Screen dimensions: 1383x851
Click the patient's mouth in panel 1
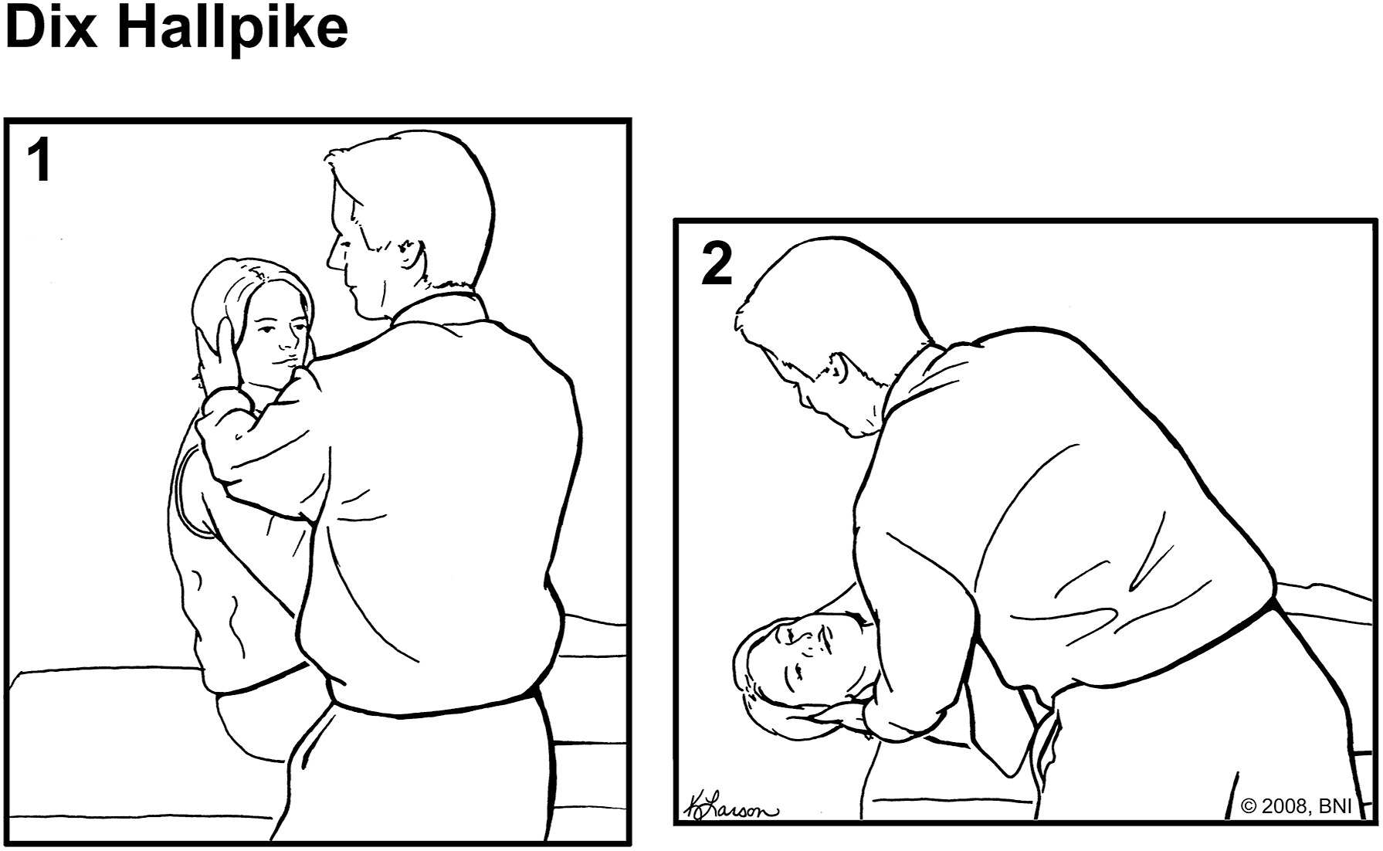[x=283, y=360]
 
